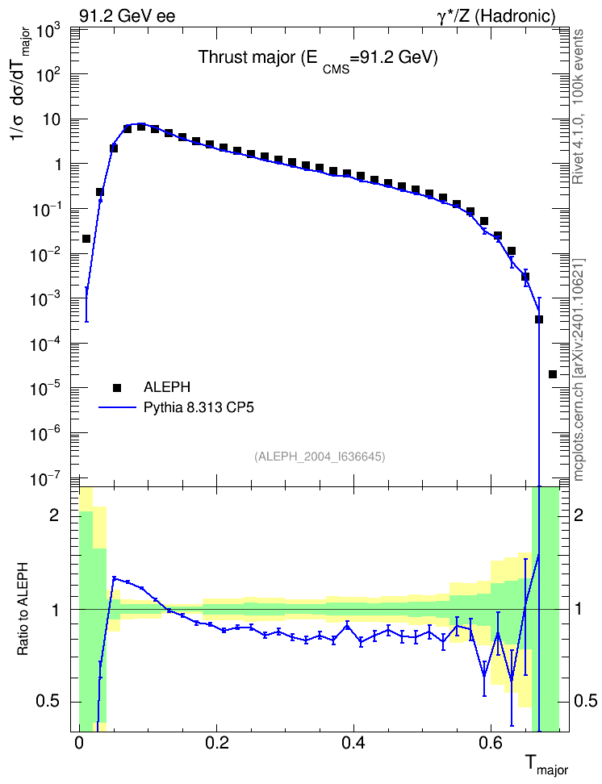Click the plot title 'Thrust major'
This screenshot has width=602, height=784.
pyautogui.click(x=247, y=58)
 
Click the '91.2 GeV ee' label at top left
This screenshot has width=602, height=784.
pyautogui.click(x=128, y=16)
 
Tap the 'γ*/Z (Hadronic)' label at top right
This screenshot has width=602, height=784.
pyautogui.click(x=496, y=16)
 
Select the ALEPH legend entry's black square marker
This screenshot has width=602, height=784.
pyautogui.click(x=117, y=387)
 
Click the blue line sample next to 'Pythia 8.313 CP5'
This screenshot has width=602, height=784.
pyautogui.click(x=117, y=407)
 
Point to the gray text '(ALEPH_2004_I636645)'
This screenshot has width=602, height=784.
pyautogui.click(x=320, y=457)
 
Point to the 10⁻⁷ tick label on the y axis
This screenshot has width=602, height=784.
pyautogui.click(x=45, y=479)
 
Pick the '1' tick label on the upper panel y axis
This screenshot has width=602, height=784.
pyautogui.click(x=57, y=165)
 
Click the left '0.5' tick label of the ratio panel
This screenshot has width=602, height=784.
pyautogui.click(x=47, y=701)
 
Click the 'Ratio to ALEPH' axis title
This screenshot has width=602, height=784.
pyautogui.click(x=23, y=609)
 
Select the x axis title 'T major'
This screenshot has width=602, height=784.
pyautogui.click(x=546, y=765)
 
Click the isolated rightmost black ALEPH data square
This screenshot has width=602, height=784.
pyautogui.click(x=553, y=374)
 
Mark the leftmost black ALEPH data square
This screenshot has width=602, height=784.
pyautogui.click(x=86, y=239)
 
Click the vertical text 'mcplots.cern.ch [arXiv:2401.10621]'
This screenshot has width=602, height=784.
pyautogui.click(x=578, y=369)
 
